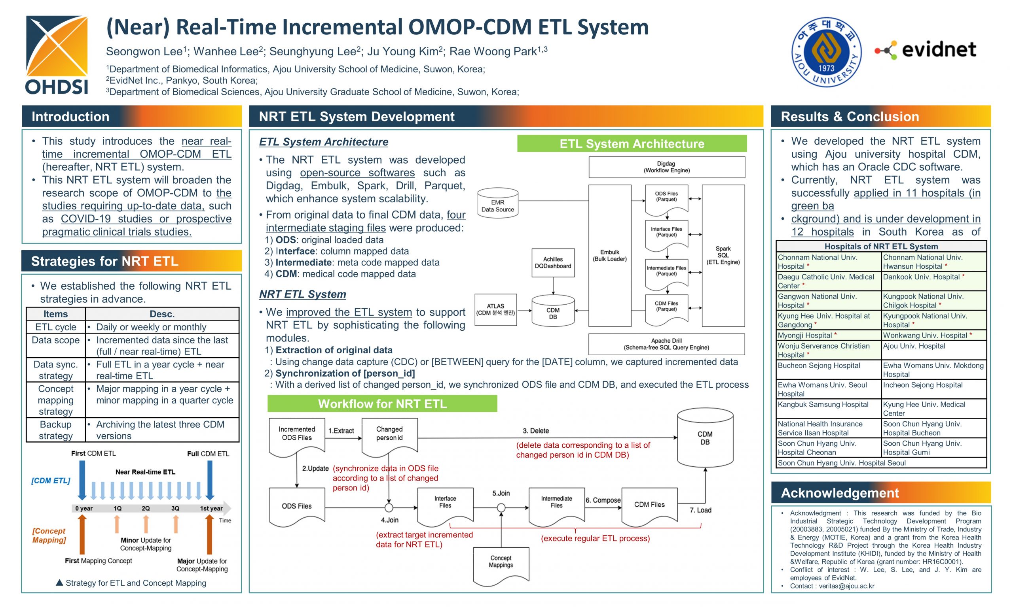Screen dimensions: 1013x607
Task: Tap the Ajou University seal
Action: click(x=826, y=52)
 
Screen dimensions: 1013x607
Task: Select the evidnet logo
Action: click(x=926, y=50)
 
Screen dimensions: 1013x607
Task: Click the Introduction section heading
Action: click(x=70, y=117)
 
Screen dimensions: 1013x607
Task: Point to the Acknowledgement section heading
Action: click(x=840, y=493)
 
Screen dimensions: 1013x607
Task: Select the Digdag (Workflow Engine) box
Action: click(x=667, y=167)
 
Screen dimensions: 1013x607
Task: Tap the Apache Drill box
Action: click(x=666, y=344)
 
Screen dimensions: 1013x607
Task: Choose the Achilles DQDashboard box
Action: click(x=553, y=262)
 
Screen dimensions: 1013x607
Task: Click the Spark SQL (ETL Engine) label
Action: click(x=723, y=255)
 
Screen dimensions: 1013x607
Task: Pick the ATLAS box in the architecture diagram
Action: click(x=495, y=310)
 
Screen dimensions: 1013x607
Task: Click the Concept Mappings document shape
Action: click(x=501, y=565)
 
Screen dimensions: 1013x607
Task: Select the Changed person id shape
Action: click(x=389, y=436)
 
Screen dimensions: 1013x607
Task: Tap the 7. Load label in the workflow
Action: click(x=700, y=510)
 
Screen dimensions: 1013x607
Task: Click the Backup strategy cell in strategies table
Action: click(x=56, y=430)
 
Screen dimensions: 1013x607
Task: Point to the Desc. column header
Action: click(x=162, y=314)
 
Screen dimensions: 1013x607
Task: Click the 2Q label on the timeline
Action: click(x=146, y=509)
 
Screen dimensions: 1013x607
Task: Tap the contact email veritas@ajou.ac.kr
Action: click(x=846, y=586)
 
